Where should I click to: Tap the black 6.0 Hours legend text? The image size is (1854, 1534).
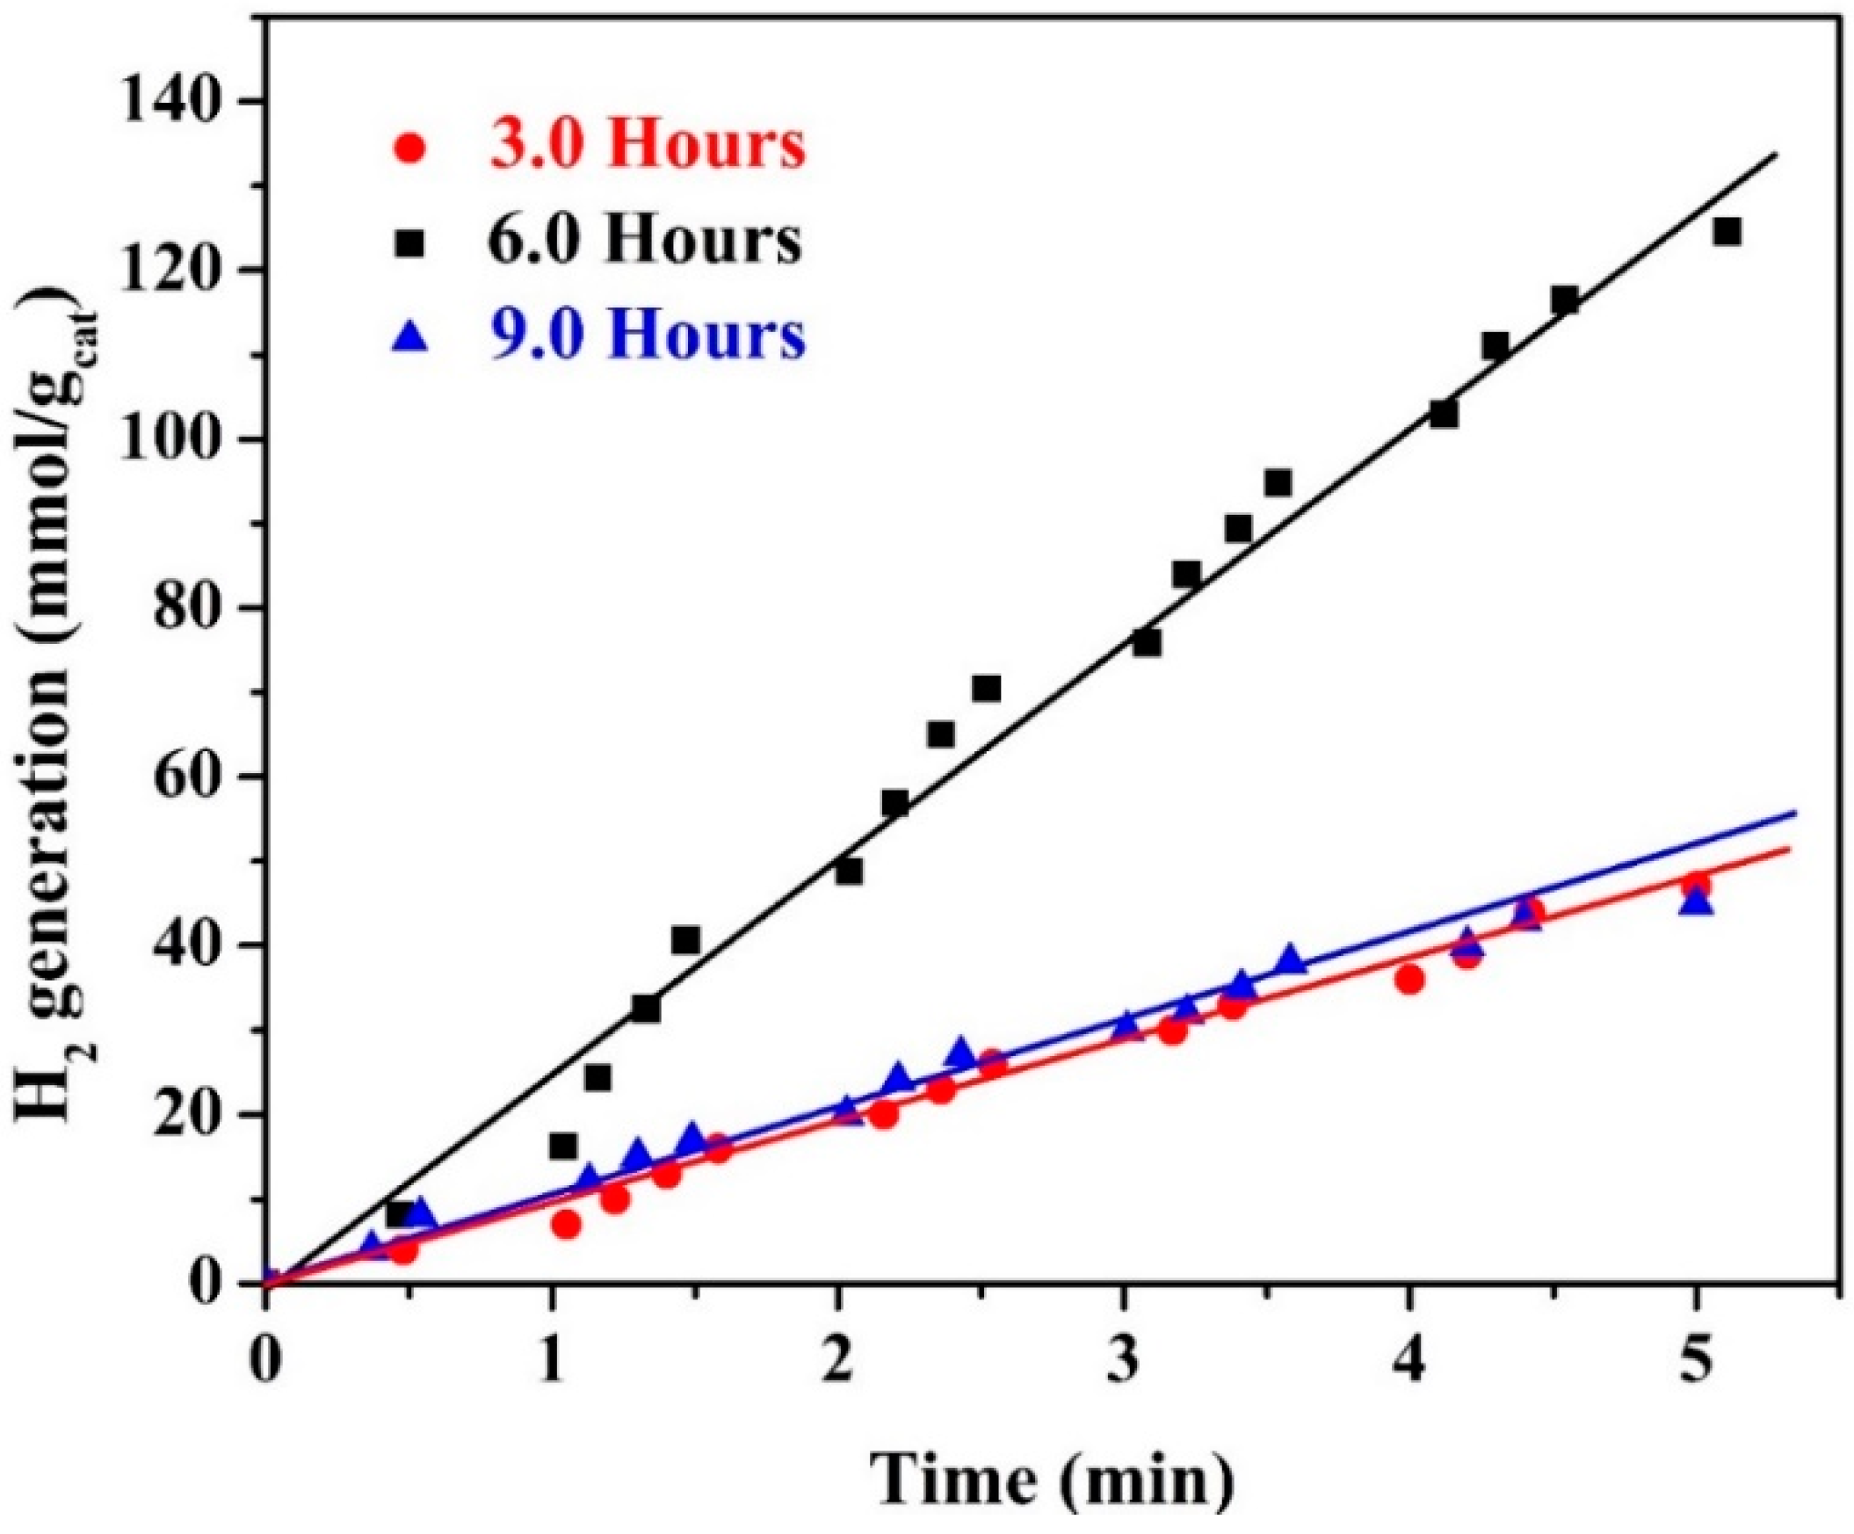647,240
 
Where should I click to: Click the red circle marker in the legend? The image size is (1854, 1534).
411,148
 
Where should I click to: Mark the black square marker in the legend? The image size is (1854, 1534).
411,242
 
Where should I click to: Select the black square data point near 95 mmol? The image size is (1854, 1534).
1278,483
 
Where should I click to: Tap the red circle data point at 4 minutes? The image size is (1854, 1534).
1410,979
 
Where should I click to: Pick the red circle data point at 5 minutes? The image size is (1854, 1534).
1696,886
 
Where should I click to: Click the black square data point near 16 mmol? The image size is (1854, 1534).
563,1147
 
